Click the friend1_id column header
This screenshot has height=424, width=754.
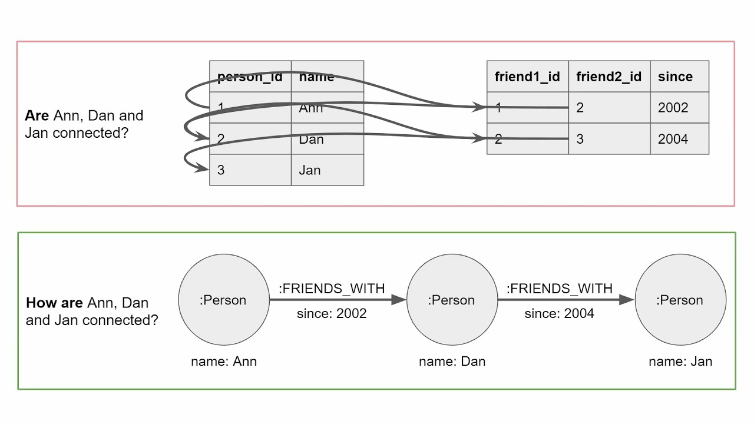coord(527,77)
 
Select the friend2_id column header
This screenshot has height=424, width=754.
coord(609,77)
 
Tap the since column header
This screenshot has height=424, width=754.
coord(676,77)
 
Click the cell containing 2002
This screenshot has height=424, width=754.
coord(673,108)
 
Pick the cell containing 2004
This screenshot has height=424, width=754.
coord(673,139)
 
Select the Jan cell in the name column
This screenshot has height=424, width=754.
coord(310,170)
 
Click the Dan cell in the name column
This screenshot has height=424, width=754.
coord(312,139)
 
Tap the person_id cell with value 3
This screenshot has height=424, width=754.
coord(221,170)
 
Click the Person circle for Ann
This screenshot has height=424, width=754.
coord(223,300)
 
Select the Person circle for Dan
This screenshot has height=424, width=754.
coord(451,300)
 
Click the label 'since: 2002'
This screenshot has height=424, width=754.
coord(332,313)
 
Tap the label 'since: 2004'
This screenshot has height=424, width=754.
coord(560,313)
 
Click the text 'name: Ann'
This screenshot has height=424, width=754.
coord(224,361)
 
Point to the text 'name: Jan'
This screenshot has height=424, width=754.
coord(680,361)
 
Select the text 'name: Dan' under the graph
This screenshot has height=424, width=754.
coord(452,361)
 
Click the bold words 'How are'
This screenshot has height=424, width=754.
coord(54,303)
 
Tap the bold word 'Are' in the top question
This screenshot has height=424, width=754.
coord(37,115)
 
